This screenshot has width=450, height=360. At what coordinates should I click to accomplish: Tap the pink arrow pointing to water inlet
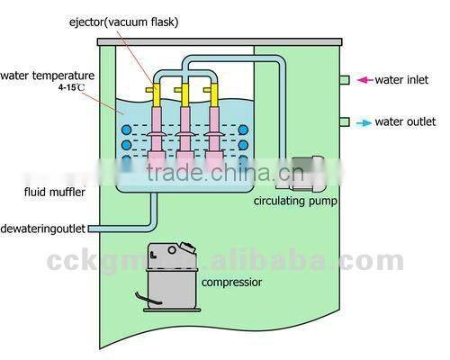[x=365, y=80]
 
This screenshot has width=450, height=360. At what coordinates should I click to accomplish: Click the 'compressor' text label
[x=233, y=282]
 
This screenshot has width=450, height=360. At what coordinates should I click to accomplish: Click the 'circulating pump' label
[x=296, y=201]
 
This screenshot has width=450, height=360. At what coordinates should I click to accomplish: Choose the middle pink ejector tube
[x=185, y=135]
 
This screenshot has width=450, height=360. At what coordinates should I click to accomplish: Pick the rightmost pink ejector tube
[x=214, y=135]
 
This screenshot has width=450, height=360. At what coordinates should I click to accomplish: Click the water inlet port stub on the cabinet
[x=345, y=80]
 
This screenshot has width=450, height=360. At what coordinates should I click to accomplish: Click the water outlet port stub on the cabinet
[x=345, y=121]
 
